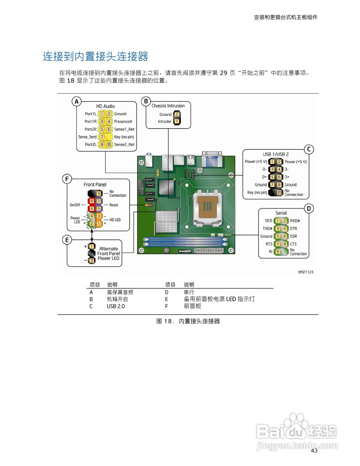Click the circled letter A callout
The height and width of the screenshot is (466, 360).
click(x=76, y=102)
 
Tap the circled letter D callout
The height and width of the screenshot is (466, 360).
click(x=309, y=209)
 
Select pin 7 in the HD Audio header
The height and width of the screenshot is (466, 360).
click(x=102, y=137)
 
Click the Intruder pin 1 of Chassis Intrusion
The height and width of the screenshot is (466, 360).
click(x=177, y=122)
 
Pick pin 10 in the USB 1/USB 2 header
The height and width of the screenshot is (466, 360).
click(x=279, y=193)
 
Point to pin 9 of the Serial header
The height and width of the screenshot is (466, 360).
click(x=277, y=252)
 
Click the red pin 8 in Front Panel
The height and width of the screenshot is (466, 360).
click(x=92, y=201)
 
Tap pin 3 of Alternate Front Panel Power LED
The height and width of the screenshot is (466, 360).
click(x=92, y=261)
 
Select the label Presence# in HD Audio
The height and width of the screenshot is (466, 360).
click(x=123, y=122)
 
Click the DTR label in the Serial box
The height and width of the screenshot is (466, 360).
click(x=293, y=229)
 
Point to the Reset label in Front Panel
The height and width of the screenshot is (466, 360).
click(x=114, y=205)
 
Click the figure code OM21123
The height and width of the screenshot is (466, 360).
click(x=305, y=272)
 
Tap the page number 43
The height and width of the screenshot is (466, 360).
click(x=314, y=451)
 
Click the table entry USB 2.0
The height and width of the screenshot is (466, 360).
click(x=115, y=306)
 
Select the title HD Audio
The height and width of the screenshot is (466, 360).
click(x=105, y=106)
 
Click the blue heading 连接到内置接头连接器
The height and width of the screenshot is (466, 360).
click(x=95, y=56)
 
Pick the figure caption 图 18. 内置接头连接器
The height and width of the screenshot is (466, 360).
click(x=188, y=321)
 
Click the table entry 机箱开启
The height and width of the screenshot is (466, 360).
click(x=117, y=299)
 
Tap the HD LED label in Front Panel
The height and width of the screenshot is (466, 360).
click(x=115, y=220)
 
